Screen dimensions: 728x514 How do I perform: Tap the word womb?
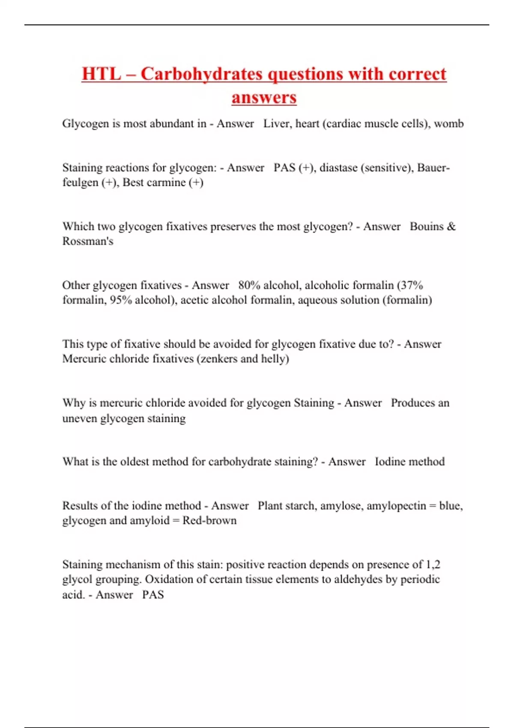pos(448,123)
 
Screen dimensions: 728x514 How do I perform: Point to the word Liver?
pos(276,123)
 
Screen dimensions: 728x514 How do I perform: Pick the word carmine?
pos(166,182)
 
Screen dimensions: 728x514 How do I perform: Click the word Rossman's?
pos(88,241)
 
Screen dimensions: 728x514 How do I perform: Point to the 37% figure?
pos(412,285)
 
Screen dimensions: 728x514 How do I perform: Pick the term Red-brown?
pos(209,520)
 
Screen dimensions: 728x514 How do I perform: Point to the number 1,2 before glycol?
pos(433,564)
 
